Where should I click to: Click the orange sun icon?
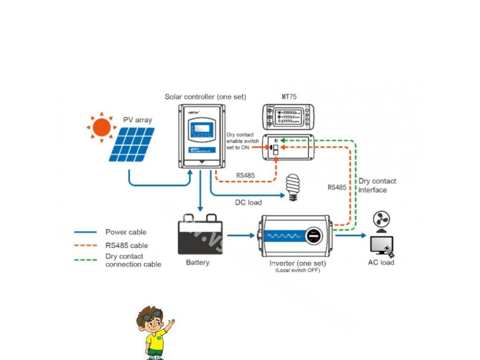(101, 127)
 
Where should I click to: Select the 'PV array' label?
(137, 120)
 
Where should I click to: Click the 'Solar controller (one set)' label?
(205, 97)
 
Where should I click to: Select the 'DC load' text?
(248, 202)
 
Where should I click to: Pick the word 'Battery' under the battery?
(198, 262)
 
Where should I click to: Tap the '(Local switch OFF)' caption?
(298, 270)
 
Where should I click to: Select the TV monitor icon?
(382, 246)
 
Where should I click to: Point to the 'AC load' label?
(381, 262)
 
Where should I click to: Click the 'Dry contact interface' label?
(377, 185)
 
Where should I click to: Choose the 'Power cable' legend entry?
(126, 232)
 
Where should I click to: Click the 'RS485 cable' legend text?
(127, 245)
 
